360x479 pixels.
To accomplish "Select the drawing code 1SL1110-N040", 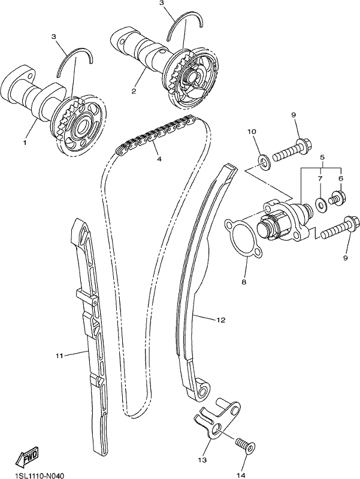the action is tap(39, 475).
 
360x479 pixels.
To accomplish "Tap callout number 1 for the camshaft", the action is tap(25, 143).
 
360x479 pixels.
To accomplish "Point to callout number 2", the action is tap(134, 91).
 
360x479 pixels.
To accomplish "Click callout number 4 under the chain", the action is tap(159, 159).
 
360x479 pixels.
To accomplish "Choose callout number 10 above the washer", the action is tap(252, 132).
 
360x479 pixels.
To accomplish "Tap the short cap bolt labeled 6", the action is tap(337, 199).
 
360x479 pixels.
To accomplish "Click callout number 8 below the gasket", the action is tap(244, 282).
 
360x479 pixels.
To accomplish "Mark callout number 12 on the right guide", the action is tap(221, 320).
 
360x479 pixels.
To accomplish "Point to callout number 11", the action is tap(59, 356).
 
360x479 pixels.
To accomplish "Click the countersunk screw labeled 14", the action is tap(246, 442).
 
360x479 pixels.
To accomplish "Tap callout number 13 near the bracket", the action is tap(202, 460).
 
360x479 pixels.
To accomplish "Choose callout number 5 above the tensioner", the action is tap(322, 157).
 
